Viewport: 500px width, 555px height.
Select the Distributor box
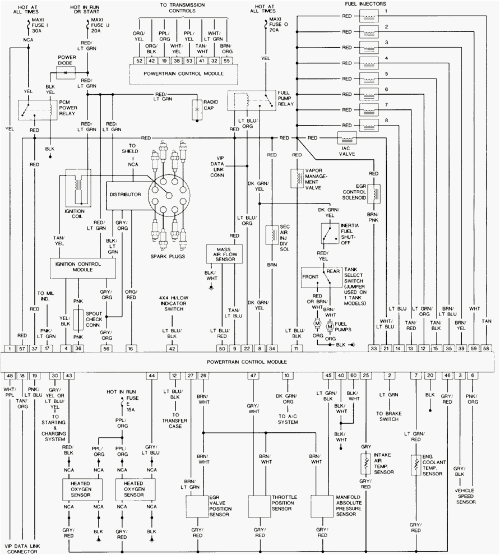[x=125, y=193]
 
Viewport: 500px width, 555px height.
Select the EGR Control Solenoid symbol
[x=374, y=192]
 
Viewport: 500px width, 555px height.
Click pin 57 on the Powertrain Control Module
[x=22, y=349]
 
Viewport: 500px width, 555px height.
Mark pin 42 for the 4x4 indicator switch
[x=172, y=349]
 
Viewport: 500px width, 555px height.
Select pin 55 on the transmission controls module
[x=225, y=60]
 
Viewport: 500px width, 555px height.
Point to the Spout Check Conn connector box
[x=79, y=318]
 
